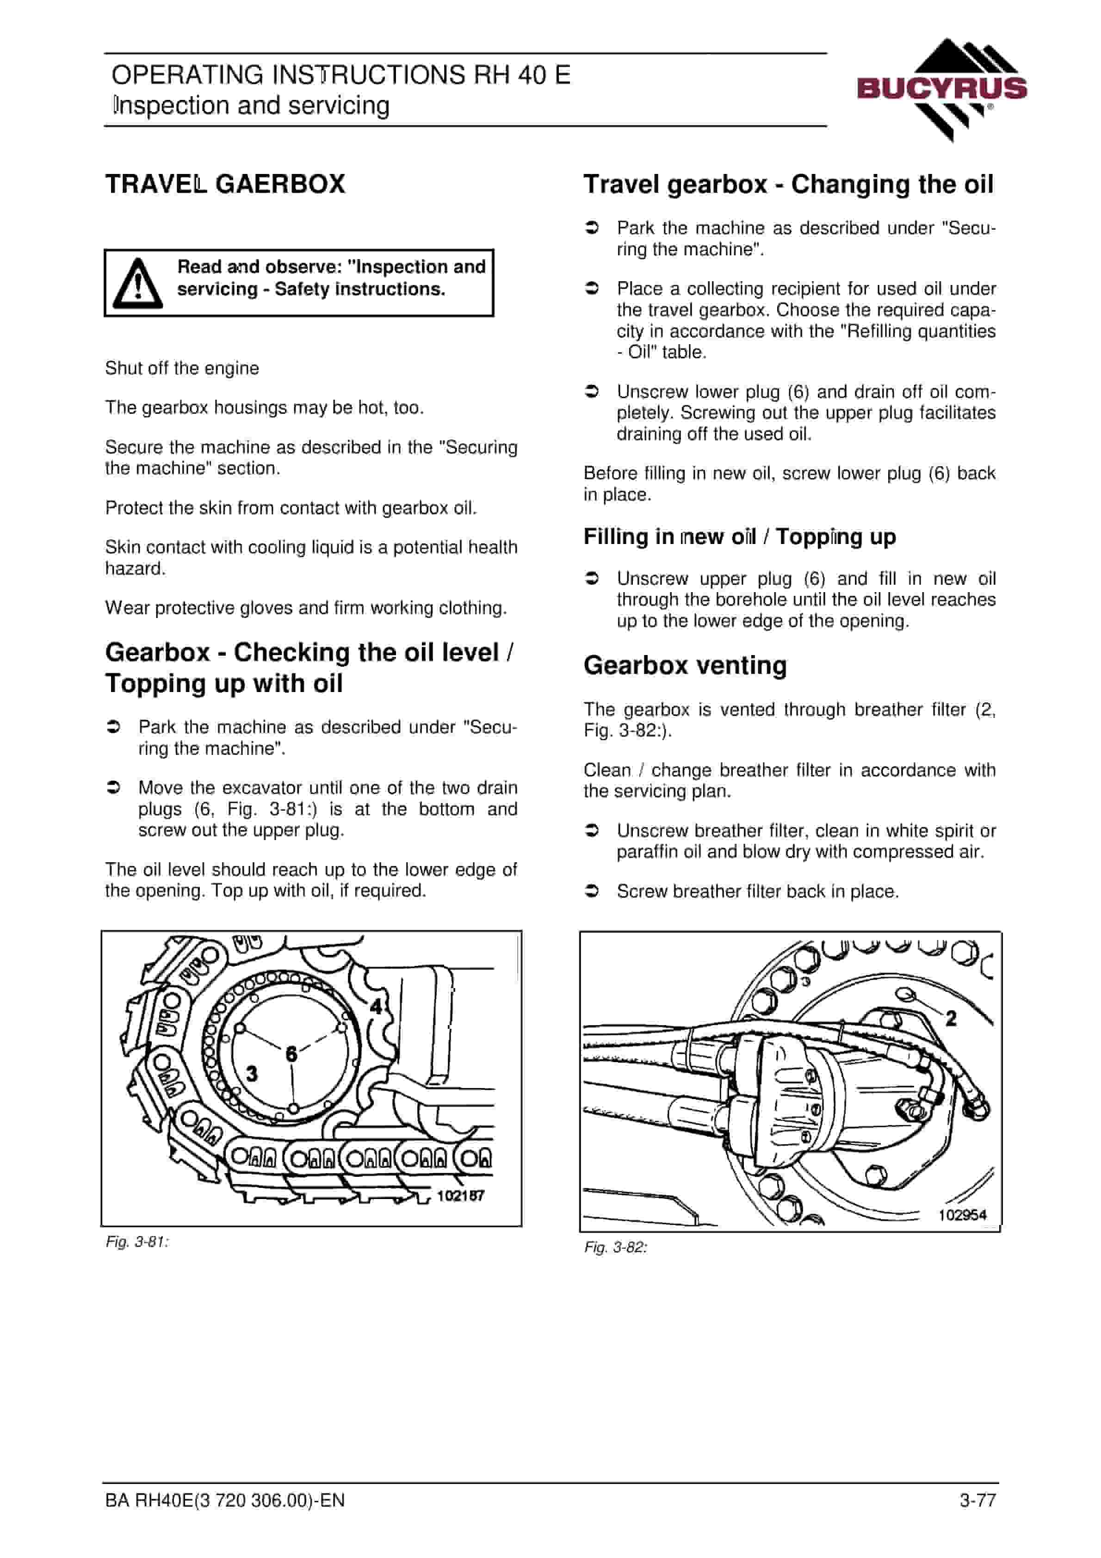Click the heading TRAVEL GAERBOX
point(225,184)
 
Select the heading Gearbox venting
point(685,666)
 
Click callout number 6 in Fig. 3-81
point(291,1054)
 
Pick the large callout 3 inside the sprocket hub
point(252,1074)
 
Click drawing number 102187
point(460,1196)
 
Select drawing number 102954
point(963,1215)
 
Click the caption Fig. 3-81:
point(137,1242)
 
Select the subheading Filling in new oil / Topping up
point(740,537)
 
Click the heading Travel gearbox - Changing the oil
point(789,185)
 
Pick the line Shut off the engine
point(182,369)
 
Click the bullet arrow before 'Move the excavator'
point(113,787)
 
